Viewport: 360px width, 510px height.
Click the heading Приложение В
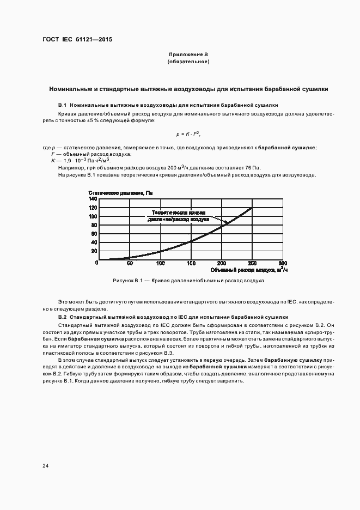pyautogui.click(x=188, y=55)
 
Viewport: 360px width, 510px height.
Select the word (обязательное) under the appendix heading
pyautogui.click(x=188, y=62)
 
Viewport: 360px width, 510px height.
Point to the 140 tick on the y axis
pyautogui.click(x=93, y=199)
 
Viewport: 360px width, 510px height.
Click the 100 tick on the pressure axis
pyautogui.click(x=93, y=216)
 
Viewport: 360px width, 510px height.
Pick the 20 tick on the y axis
pyautogui.click(x=94, y=251)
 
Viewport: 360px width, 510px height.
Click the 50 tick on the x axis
pyautogui.click(x=130, y=264)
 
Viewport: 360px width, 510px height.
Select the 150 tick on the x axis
pyautogui.click(x=191, y=264)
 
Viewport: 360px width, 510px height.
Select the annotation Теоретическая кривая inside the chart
pyautogui.click(x=178, y=212)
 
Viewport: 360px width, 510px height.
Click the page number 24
pyautogui.click(x=45, y=466)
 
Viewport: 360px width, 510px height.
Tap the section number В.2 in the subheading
pyautogui.click(x=62, y=317)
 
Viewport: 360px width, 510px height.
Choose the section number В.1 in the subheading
pyautogui.click(x=62, y=105)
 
